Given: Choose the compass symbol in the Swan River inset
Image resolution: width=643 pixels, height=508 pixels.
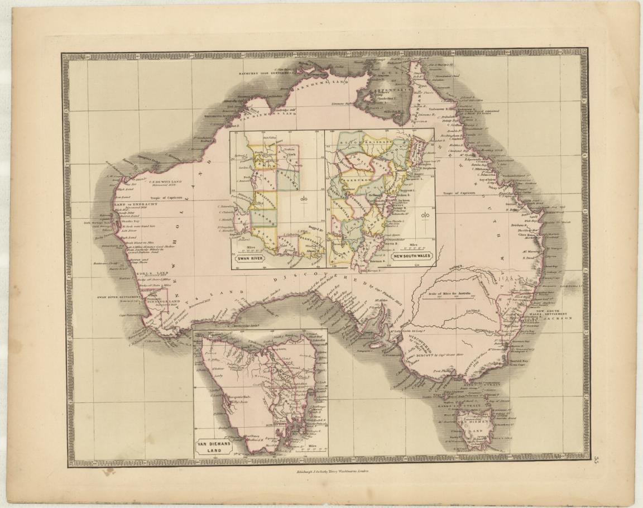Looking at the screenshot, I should (304, 201).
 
